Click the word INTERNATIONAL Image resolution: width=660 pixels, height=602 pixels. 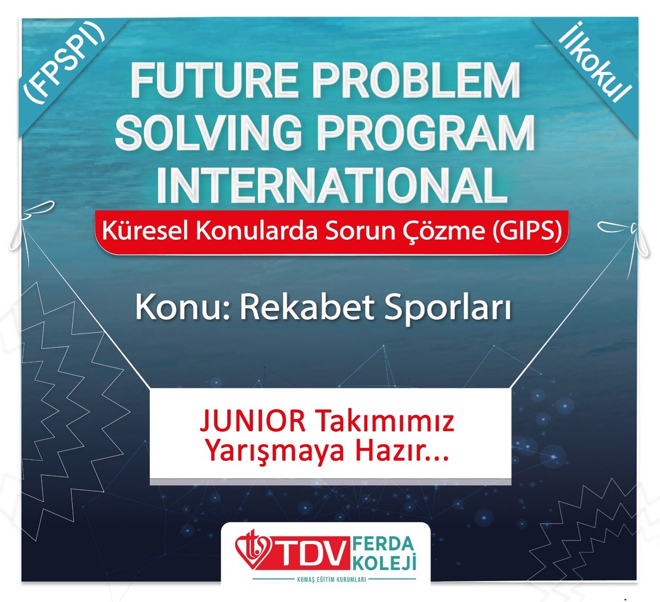point(332,187)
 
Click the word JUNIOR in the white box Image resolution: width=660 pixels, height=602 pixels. point(252,423)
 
